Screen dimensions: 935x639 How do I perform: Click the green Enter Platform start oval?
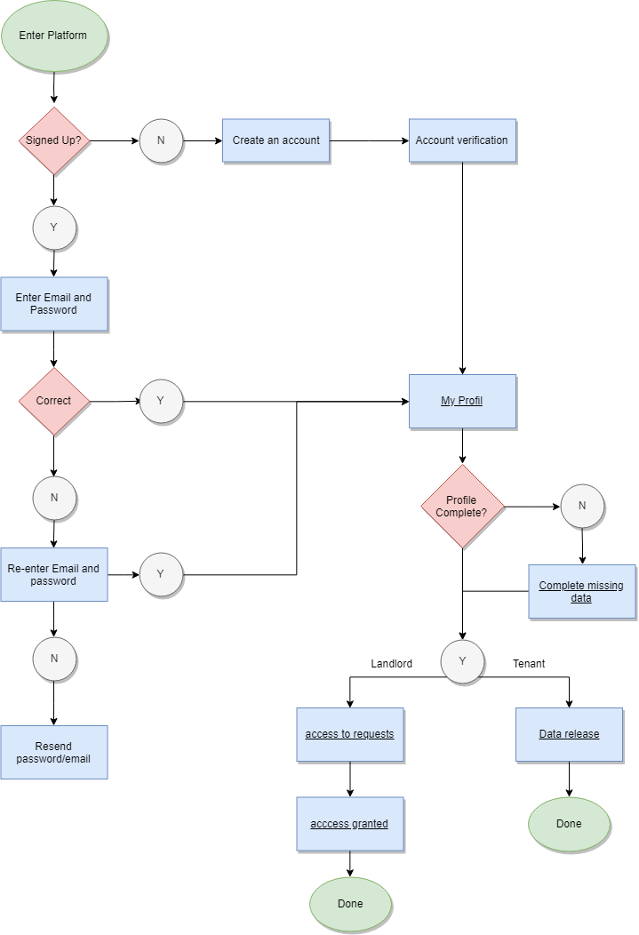pos(54,36)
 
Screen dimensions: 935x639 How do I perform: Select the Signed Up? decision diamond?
pos(54,140)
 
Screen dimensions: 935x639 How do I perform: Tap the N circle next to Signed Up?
pos(161,140)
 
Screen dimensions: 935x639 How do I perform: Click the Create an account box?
pos(276,140)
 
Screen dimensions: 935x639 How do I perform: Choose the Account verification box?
pos(462,140)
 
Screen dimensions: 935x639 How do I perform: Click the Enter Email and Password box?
pos(54,304)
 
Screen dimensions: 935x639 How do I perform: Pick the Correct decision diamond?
pos(54,401)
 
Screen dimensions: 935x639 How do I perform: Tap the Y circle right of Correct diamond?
pos(161,401)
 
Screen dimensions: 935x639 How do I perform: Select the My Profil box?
pos(462,401)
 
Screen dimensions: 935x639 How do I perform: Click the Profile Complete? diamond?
pos(462,506)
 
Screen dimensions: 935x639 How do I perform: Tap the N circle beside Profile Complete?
pos(582,506)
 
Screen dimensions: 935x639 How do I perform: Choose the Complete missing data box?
pos(581,591)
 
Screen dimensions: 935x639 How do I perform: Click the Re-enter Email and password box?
pos(54,574)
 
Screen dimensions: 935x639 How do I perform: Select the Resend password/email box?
pos(54,752)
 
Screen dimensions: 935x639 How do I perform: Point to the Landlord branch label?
pos(391,663)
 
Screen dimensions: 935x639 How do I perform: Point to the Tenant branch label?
pos(529,663)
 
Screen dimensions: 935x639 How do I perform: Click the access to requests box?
pos(349,734)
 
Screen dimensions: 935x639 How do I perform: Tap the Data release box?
pos(569,734)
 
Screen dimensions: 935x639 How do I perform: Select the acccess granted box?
pos(349,824)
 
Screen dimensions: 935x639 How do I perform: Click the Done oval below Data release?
pos(569,824)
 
